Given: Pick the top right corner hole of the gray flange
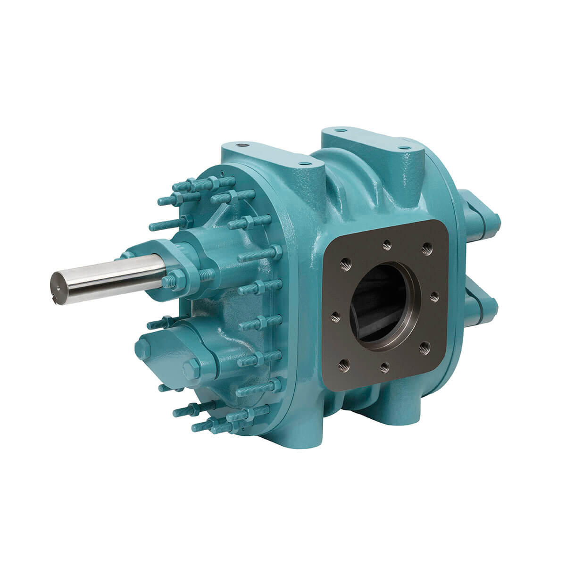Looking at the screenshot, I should pos(427,246).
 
